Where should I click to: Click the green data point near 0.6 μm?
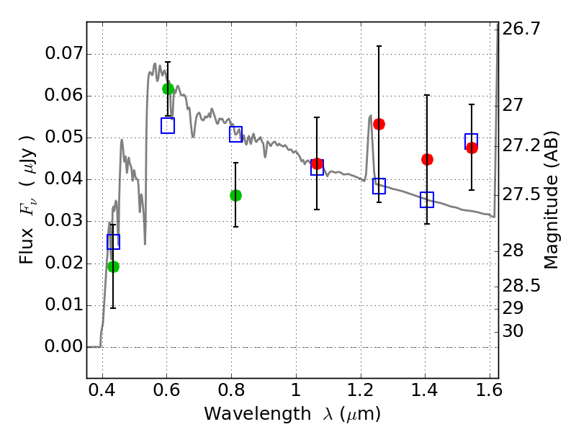point(168,89)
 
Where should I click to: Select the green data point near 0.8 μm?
point(235,195)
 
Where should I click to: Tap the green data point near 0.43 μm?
point(113,266)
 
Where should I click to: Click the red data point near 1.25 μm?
point(379,124)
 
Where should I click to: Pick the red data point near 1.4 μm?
point(427,159)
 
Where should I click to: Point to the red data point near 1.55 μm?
point(472,148)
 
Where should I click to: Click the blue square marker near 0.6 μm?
point(168,126)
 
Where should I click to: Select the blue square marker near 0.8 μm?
point(235,134)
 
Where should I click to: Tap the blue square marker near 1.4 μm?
point(427,200)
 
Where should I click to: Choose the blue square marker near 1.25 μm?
point(379,186)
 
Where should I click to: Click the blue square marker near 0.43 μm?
point(113,242)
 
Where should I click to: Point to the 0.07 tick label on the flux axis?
point(63,55)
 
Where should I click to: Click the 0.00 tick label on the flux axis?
point(63,347)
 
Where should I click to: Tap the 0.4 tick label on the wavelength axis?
point(102,393)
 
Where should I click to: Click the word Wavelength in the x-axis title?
point(246,414)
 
